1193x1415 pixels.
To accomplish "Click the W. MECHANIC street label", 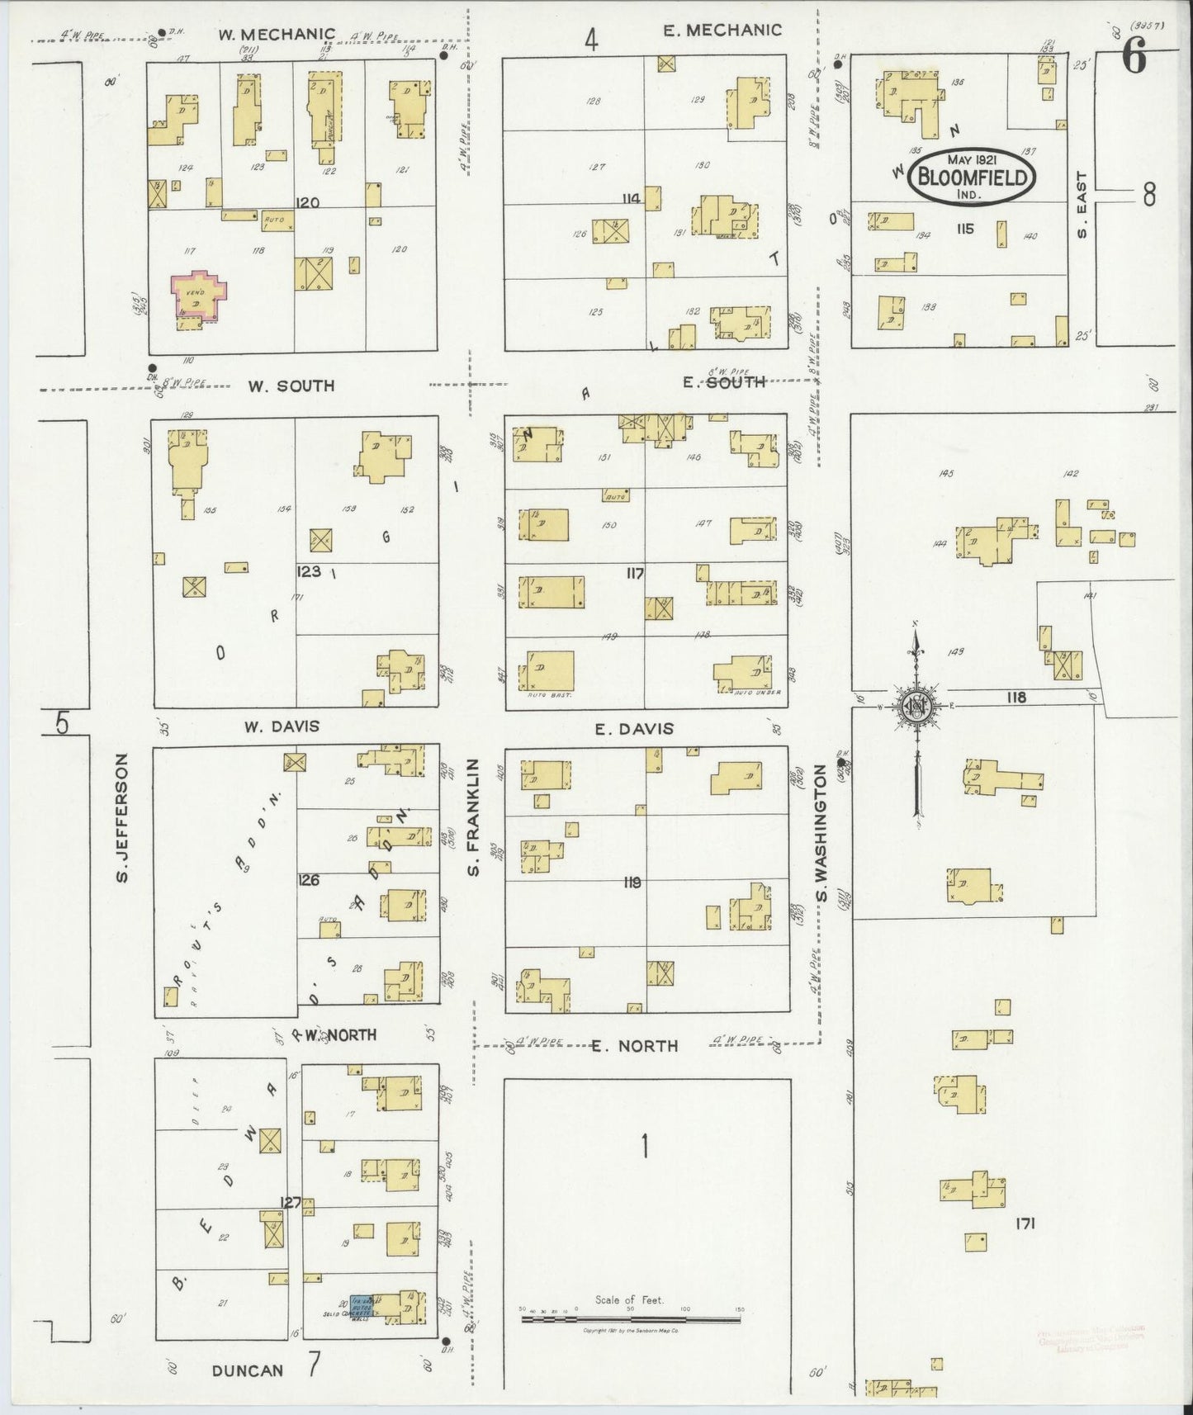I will click(277, 35).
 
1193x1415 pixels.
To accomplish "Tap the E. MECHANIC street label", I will click(722, 31).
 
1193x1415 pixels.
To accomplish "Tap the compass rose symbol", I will click(916, 706).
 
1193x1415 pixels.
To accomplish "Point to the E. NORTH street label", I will click(635, 1046).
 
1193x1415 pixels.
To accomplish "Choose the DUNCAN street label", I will click(248, 1371).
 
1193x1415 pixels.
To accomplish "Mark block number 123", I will click(310, 570).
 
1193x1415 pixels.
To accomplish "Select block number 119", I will click(632, 883).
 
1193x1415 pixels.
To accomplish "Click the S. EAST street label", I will click(1082, 204).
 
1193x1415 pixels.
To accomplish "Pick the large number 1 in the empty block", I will click(644, 1147).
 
